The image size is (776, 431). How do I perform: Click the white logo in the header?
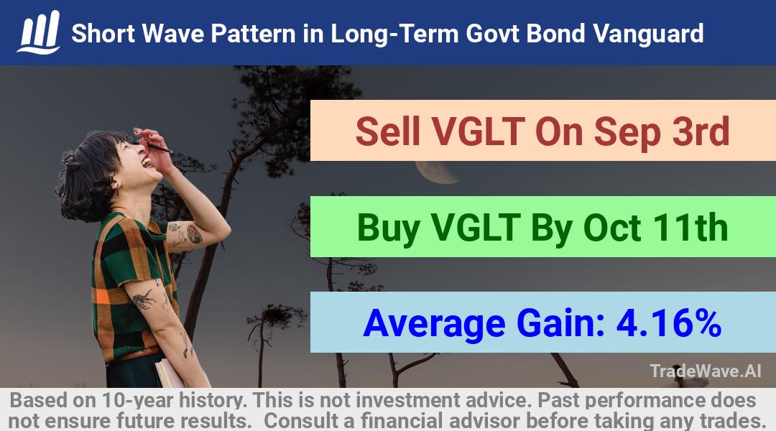coord(39,32)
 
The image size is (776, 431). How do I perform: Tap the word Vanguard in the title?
coord(648,34)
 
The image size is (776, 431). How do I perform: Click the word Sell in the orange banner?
coord(387,131)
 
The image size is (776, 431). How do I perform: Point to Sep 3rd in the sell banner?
coord(662,131)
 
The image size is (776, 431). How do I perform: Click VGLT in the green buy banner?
coord(475,228)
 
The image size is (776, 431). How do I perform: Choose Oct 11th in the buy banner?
coord(655,228)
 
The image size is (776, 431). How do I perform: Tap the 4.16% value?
coord(669,323)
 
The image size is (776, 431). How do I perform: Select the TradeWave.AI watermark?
coord(706,371)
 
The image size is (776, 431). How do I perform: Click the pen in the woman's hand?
coord(158,147)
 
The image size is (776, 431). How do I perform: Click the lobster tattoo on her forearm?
coord(144,299)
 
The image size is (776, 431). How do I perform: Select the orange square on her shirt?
coord(102,297)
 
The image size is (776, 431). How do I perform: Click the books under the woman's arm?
coord(168,372)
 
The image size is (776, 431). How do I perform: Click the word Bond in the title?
coord(555,34)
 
